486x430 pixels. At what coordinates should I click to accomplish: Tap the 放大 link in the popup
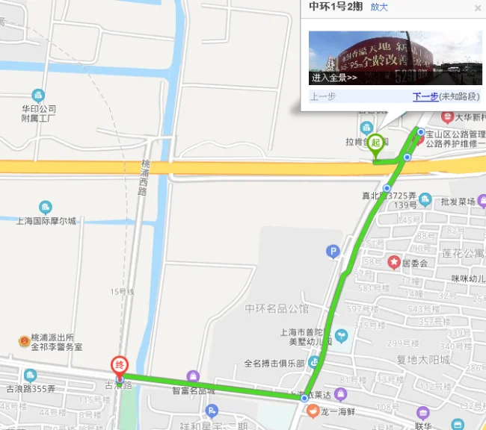point(379,7)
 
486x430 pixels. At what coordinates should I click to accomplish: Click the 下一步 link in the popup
point(425,96)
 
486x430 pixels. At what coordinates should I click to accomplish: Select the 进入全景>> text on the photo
point(334,78)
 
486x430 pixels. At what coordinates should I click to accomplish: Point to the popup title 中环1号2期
point(336,7)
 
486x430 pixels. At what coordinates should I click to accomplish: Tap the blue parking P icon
point(333,252)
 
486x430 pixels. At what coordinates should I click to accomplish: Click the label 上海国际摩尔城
point(46,221)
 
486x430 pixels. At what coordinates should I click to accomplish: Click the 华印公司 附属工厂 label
point(39,113)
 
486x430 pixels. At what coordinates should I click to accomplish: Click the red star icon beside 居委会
point(393,262)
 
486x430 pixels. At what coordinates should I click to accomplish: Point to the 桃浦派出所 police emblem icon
point(24,342)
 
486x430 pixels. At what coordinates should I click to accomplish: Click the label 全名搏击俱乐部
point(274,364)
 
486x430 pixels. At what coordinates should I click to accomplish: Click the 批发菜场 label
point(458,202)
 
